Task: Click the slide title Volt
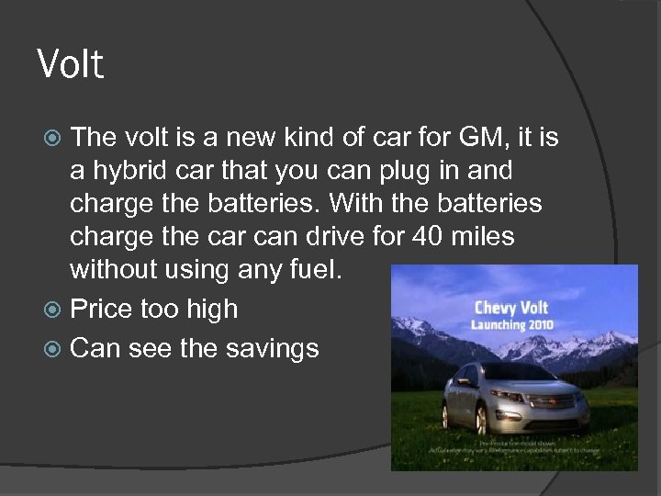click(71, 64)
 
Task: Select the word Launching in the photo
click(501, 324)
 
